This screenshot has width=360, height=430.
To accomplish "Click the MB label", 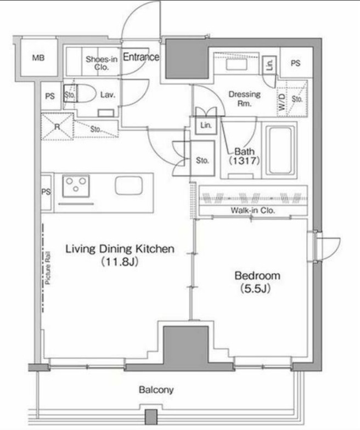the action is (x=38, y=58).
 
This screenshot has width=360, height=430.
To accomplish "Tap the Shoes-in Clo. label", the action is (x=102, y=63).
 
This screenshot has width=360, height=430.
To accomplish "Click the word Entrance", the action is (x=140, y=57).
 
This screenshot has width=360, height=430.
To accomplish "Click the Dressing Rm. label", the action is (x=245, y=99).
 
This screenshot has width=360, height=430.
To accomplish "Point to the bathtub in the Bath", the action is (x=280, y=150).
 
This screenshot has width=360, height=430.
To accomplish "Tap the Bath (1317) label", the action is (x=244, y=156).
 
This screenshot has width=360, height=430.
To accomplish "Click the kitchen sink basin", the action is (x=128, y=185).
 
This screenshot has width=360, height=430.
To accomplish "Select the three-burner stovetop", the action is (x=76, y=186).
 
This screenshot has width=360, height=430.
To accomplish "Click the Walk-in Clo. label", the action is (x=252, y=211).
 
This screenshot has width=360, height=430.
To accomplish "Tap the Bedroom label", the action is (x=257, y=282).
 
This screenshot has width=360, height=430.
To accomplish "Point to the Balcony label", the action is (x=156, y=389).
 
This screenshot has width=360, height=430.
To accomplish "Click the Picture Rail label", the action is (x=48, y=268).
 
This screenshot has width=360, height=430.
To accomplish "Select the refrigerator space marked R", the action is (x=57, y=127).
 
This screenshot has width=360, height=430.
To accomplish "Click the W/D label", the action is (x=282, y=102).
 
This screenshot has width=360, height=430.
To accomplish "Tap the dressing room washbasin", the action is (x=237, y=65).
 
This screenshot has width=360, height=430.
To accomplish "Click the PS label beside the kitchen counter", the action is (x=46, y=191).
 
